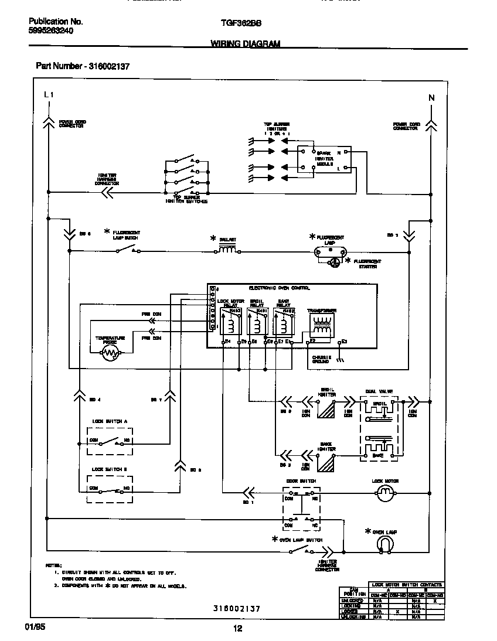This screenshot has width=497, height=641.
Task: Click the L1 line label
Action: click(x=48, y=94)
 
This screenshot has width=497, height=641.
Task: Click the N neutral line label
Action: click(x=431, y=98)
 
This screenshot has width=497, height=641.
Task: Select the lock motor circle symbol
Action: click(x=385, y=494)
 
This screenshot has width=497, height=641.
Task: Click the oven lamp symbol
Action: click(x=384, y=545)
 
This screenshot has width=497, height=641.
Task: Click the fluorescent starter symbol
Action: click(x=333, y=263)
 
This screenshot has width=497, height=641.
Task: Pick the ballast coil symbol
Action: click(x=227, y=250)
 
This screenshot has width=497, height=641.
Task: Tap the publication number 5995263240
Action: click(x=51, y=31)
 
